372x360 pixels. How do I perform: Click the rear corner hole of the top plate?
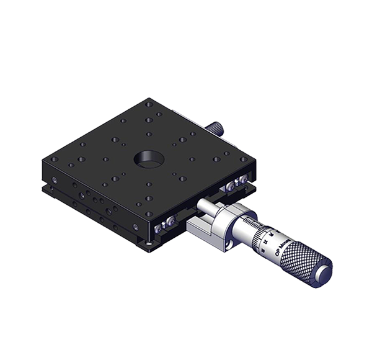click(x=148, y=104)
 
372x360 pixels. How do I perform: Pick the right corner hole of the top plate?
click(x=243, y=159)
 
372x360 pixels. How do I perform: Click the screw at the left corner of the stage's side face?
click(x=55, y=181)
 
